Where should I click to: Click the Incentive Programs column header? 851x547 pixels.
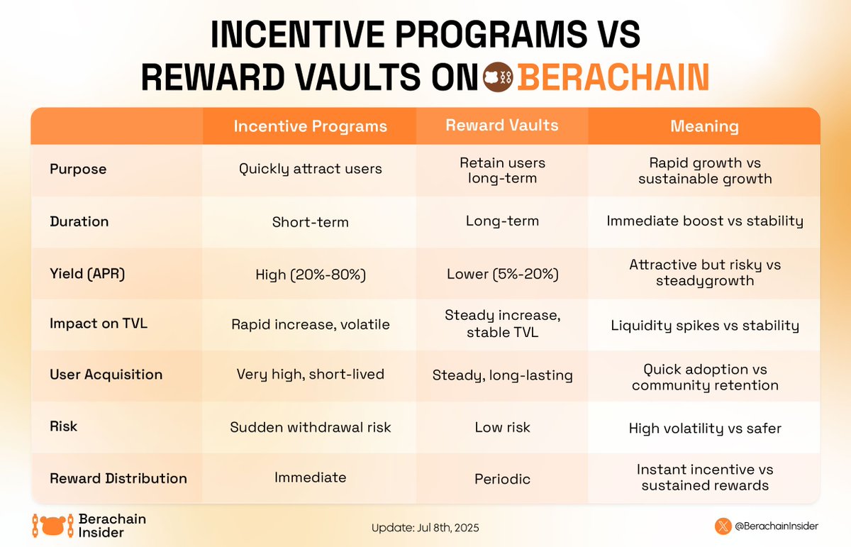pos(311,126)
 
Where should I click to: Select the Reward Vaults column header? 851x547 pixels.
pos(502,126)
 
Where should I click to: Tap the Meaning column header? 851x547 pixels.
pos(704,126)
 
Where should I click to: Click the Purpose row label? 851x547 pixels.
pos(78,170)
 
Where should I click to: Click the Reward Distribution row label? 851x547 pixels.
pos(118,478)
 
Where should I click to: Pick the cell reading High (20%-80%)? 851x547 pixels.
pos(311,274)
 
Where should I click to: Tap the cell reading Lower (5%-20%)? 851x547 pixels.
pos(502,274)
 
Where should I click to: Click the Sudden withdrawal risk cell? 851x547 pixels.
pos(311,427)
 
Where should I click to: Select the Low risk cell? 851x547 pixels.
pos(502,428)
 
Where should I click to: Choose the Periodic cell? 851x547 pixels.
pos(502,479)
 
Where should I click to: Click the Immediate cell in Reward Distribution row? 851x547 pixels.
pos(311,477)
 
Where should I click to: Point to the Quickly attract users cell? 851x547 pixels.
pos(311,170)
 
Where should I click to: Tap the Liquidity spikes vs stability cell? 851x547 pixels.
pos(704,326)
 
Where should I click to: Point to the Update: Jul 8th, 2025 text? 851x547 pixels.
pos(430,528)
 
